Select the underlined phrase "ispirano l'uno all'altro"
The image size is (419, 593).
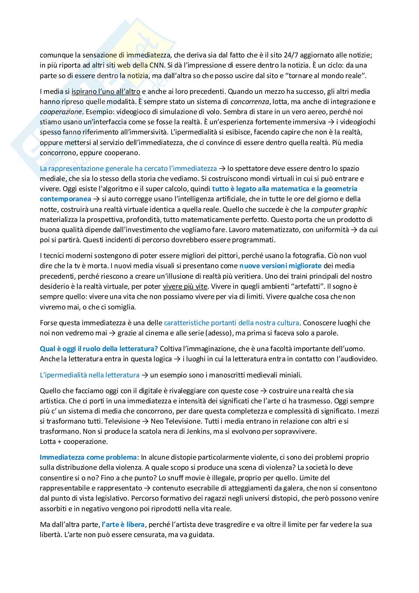pos(106,91)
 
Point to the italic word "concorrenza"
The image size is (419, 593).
pos(250,101)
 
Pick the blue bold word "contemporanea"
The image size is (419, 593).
pos(65,199)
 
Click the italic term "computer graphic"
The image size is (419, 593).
pos(339,209)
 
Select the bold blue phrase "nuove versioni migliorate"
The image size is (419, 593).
pos(280,266)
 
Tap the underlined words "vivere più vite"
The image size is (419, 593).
pos(185,286)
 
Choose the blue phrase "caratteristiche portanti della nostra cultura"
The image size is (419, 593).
pos(232,323)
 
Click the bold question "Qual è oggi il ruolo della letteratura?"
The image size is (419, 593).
pos(99,349)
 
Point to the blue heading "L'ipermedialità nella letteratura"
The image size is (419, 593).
pos(89,375)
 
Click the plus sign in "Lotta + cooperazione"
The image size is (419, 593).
pos(60,441)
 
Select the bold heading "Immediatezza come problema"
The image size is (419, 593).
pos(88,457)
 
